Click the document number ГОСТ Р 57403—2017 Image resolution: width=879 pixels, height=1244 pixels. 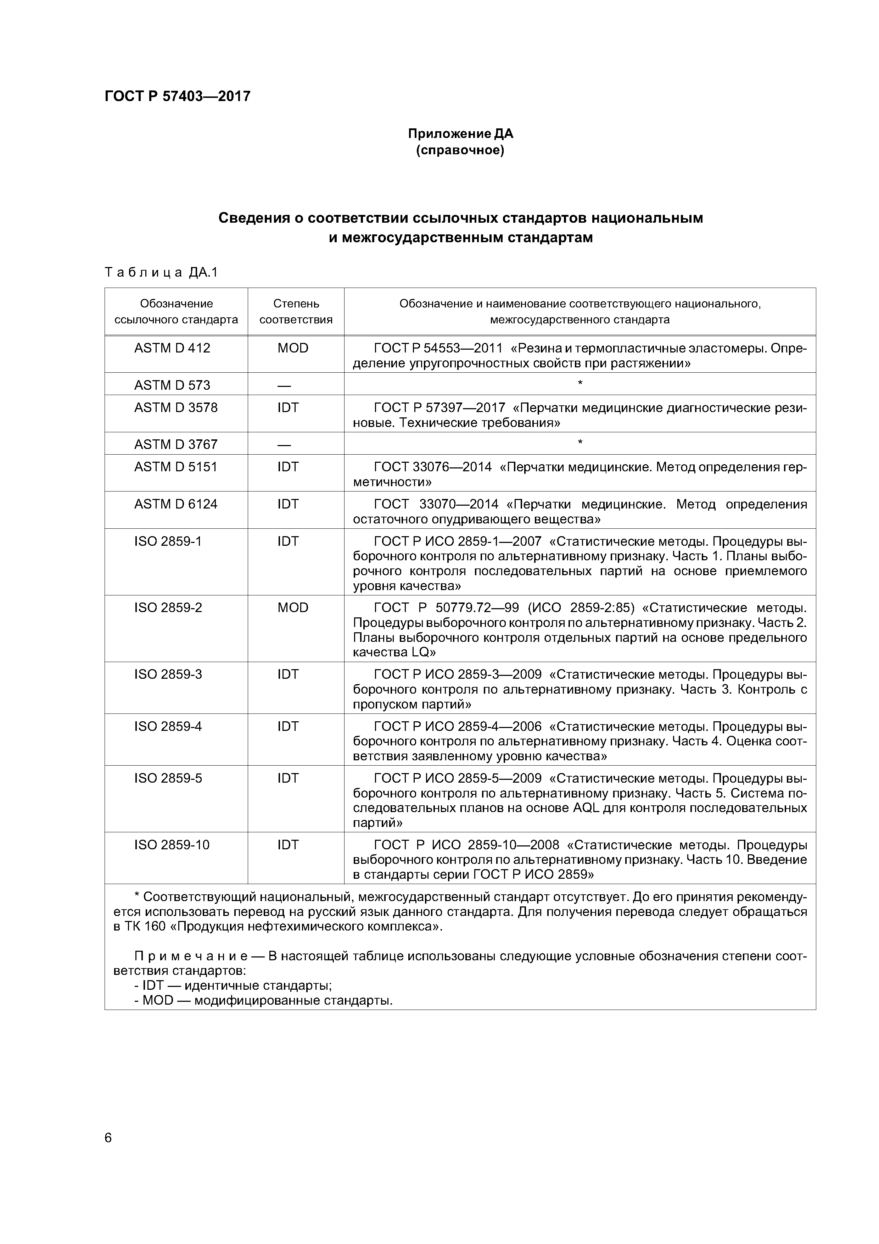(x=178, y=96)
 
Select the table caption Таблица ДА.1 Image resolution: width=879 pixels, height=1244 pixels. (x=161, y=273)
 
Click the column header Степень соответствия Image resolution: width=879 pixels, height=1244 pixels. (x=296, y=312)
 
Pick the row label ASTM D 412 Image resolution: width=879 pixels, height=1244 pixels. (x=172, y=348)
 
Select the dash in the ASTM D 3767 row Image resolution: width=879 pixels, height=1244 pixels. (x=284, y=445)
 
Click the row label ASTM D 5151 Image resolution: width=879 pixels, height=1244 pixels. (x=175, y=467)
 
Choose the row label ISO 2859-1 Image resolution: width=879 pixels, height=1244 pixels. (x=168, y=541)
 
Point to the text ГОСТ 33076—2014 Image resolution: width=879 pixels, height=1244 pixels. (x=433, y=467)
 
